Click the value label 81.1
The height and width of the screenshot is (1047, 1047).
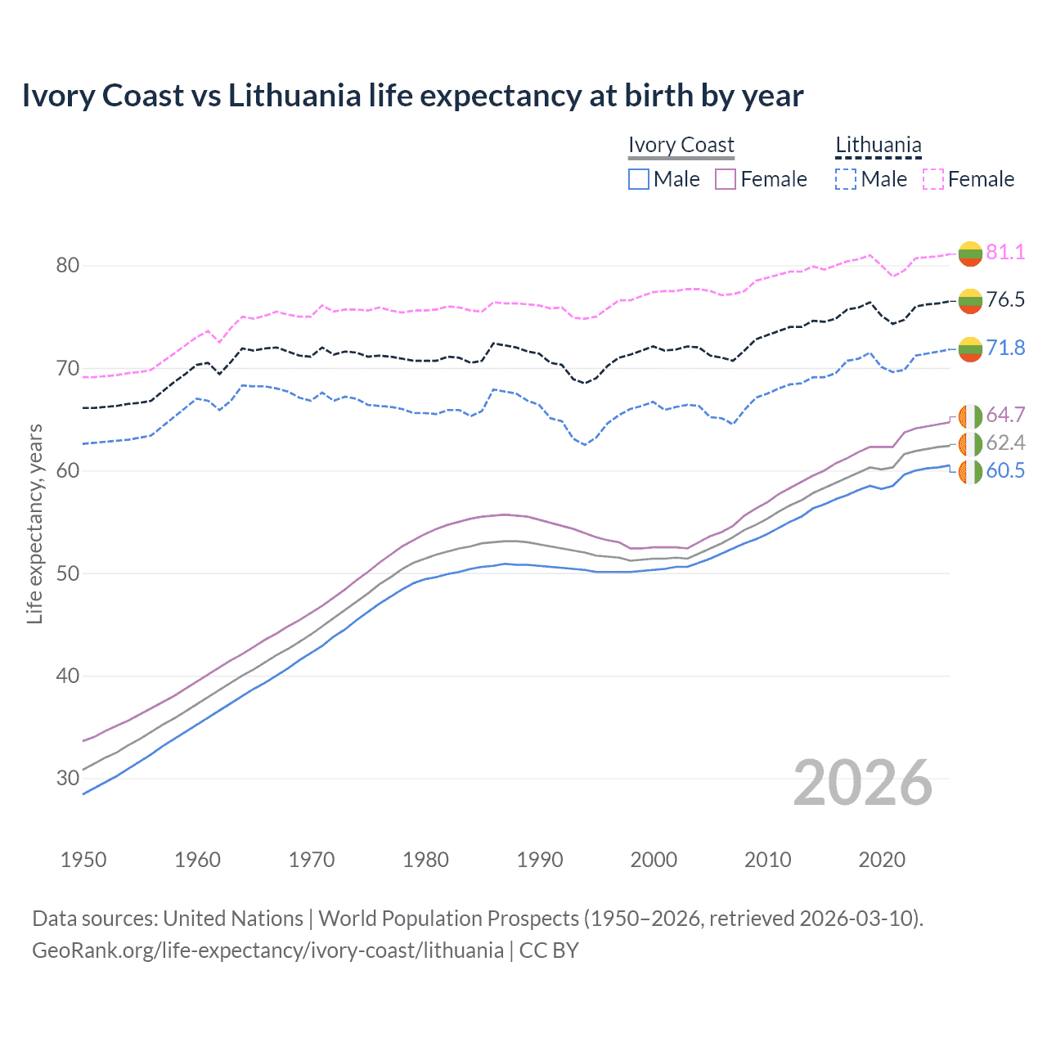click(x=1005, y=252)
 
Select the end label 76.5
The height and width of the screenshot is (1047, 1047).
click(x=1005, y=299)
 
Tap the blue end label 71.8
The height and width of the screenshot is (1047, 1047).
click(x=1005, y=348)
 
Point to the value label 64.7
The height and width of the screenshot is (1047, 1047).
click(x=1005, y=415)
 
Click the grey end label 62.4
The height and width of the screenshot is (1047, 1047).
click(x=1005, y=443)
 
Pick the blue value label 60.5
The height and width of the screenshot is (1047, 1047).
click(x=1005, y=470)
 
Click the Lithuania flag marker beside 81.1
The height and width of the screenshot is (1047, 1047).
click(x=970, y=254)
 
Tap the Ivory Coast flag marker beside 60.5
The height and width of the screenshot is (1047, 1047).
click(x=970, y=472)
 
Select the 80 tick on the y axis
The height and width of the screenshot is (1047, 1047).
click(x=68, y=265)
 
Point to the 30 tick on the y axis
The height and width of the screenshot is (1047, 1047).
click(x=68, y=778)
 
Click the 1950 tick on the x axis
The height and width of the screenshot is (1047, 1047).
click(x=83, y=860)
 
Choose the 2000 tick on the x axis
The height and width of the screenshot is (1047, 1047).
click(x=654, y=860)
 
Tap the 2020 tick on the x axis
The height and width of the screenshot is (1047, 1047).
click(x=882, y=860)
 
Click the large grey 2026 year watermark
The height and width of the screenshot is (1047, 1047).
click(x=863, y=783)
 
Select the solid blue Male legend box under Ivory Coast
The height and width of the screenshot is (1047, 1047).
click(x=639, y=179)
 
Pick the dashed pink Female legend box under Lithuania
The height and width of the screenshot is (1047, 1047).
click(x=933, y=179)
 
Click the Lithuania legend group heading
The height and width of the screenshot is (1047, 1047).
click(x=878, y=145)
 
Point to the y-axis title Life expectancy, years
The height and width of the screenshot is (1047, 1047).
click(x=34, y=523)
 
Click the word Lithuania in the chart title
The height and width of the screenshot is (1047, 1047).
click(x=294, y=96)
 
